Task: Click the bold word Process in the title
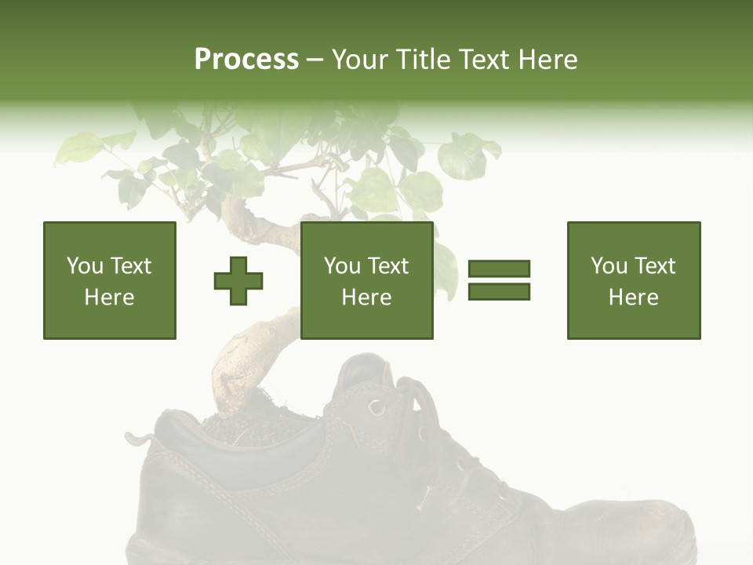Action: coord(246,60)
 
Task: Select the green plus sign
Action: coord(238,280)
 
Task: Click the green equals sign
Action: coord(499,280)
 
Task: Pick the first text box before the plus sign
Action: coord(110,280)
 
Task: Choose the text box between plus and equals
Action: coord(367,280)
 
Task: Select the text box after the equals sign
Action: coord(634,280)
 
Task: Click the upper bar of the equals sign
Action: coord(499,269)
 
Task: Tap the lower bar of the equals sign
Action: coord(499,291)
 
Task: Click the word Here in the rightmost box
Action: coord(634,297)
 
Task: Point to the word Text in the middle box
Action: coord(388,266)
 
